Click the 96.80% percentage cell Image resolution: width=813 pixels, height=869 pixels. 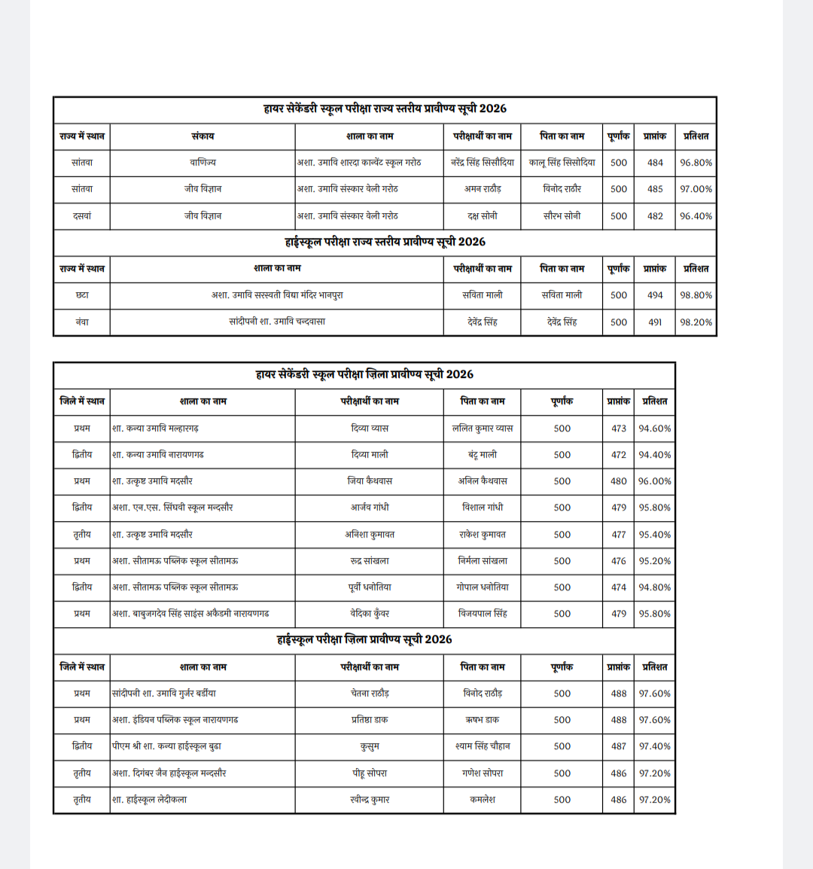696,163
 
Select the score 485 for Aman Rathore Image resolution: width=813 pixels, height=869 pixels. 655,189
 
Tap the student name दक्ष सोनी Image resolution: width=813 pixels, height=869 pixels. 482,216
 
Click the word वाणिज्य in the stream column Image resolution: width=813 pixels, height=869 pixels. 202,163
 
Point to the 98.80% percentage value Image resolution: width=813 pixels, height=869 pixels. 696,295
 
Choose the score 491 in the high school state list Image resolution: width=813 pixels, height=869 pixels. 655,322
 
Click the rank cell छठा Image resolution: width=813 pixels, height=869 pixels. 82,295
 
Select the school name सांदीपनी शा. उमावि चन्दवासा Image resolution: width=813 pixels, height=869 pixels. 277,322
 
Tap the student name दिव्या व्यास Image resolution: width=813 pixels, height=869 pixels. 370,428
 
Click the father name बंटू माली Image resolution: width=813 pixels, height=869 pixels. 483,455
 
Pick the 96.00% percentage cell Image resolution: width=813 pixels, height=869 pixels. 654,481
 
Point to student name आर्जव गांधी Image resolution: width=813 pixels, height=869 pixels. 370,508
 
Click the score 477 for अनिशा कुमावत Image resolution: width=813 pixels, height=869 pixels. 619,535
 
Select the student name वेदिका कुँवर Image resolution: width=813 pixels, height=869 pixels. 370,614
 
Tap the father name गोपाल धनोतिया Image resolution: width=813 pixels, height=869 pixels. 483,587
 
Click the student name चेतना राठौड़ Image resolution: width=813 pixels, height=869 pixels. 370,694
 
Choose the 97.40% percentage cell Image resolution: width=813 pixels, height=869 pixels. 654,746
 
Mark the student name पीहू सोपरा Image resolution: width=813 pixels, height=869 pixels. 370,773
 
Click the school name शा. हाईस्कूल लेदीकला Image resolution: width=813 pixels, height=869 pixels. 149,800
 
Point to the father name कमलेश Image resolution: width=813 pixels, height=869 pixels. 483,800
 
